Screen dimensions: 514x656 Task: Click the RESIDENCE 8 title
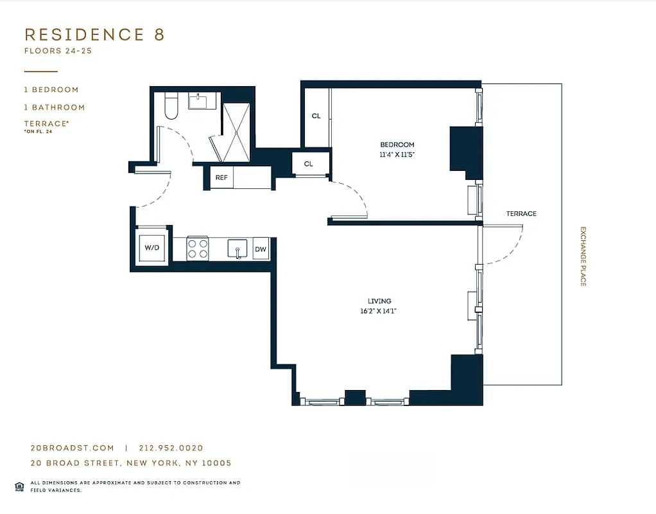pyautogui.click(x=94, y=35)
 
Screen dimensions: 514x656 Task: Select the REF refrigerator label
pyautogui.click(x=221, y=178)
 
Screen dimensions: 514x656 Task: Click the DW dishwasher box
pyautogui.click(x=261, y=249)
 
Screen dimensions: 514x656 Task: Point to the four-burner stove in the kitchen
pyautogui.click(x=198, y=249)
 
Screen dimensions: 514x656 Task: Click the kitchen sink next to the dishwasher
pyautogui.click(x=237, y=249)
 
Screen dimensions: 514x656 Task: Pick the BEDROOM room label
pyautogui.click(x=397, y=145)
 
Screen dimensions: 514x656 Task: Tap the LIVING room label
pyautogui.click(x=379, y=301)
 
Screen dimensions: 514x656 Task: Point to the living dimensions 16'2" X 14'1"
pyautogui.click(x=379, y=311)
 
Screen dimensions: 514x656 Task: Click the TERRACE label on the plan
pyautogui.click(x=521, y=213)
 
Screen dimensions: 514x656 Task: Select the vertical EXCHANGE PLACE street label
pyautogui.click(x=583, y=256)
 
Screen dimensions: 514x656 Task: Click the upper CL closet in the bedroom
pyautogui.click(x=316, y=116)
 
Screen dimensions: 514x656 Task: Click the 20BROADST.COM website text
pyautogui.click(x=72, y=448)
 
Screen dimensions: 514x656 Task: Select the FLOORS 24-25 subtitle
pyautogui.click(x=58, y=50)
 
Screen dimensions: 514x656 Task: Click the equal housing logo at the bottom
pyautogui.click(x=19, y=486)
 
